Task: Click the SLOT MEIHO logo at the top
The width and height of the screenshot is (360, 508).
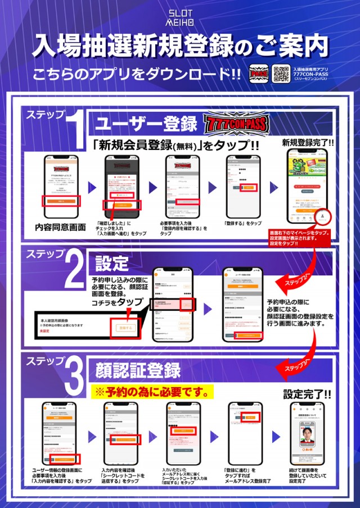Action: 180,16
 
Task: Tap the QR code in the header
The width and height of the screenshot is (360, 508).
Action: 281,74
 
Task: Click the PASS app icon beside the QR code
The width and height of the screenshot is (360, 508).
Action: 259,74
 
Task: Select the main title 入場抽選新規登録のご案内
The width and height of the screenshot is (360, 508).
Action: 180,46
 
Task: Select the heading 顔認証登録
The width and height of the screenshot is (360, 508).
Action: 138,370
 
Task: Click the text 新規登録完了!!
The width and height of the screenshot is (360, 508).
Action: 308,143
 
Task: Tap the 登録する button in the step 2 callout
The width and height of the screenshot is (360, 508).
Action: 124,328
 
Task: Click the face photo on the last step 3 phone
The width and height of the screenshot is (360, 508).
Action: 307,439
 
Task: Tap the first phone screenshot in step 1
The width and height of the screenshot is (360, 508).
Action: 61,185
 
